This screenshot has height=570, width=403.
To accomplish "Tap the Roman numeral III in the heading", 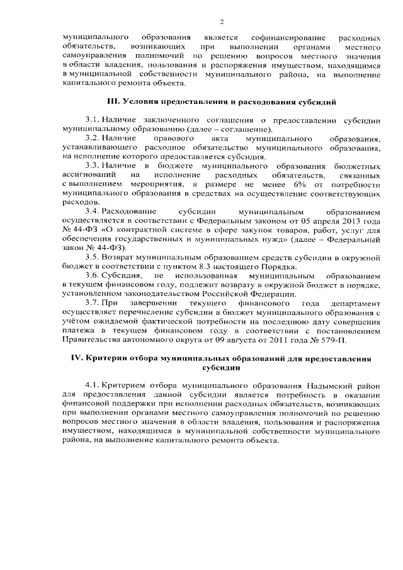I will point(113,101).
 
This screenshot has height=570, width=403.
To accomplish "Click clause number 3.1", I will point(92,119).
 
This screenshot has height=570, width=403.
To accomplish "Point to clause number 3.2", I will point(92,137).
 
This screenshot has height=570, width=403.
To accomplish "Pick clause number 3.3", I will point(92,164).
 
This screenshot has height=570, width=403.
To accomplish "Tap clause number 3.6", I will point(92,275).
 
